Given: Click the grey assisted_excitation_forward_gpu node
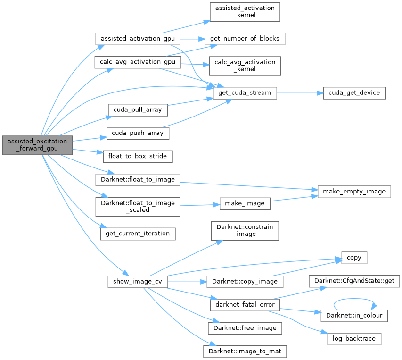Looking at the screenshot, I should [x=37, y=145].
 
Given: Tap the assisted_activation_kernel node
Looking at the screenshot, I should [x=245, y=11].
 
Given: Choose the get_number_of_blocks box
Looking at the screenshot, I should [x=245, y=38].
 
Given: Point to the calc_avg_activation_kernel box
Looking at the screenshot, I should [x=245, y=66].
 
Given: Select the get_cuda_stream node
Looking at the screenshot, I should [x=245, y=92].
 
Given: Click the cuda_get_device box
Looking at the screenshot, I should [x=354, y=92].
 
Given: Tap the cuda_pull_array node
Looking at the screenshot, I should [x=138, y=109].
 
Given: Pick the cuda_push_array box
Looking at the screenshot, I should [x=138, y=133].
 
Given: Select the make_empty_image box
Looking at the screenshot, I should [x=354, y=192].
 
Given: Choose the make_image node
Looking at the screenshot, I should [x=245, y=203].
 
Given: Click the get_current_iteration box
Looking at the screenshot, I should [x=138, y=233].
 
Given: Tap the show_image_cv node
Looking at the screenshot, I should [x=138, y=282].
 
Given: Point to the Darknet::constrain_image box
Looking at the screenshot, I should [x=245, y=230].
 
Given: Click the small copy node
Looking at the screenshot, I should [x=354, y=258].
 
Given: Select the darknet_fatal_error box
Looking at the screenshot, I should [x=245, y=304].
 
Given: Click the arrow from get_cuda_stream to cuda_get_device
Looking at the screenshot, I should [x=299, y=92].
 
